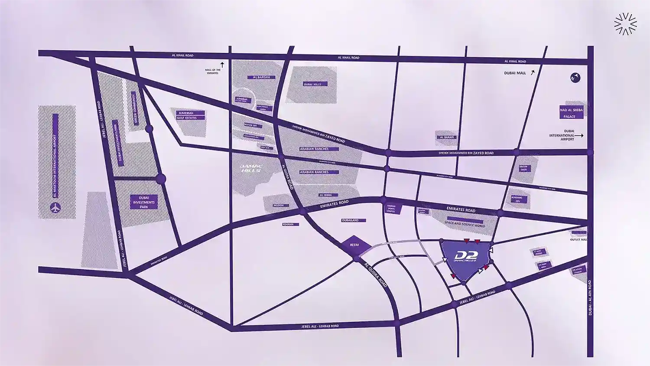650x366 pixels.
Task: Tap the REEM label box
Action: point(354,245)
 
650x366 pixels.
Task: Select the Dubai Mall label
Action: point(515,73)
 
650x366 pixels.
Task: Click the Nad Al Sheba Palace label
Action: point(572,113)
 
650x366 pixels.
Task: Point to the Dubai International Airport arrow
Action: point(579,136)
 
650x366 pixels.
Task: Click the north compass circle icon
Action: point(575,78)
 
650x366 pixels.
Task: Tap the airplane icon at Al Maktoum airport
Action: point(55,209)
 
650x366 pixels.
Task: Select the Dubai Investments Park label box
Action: point(144,202)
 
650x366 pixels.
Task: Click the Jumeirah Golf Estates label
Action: point(187,115)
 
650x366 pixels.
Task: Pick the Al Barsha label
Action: point(261,77)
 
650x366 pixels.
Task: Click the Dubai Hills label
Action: point(312,84)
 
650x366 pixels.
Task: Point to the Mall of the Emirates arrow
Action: point(222,64)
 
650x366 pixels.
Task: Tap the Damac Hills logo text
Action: point(251,169)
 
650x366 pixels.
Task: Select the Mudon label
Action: point(279,206)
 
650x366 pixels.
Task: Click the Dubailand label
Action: point(350,220)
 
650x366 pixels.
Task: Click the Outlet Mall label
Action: point(578,239)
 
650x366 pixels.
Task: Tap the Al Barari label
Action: point(447,137)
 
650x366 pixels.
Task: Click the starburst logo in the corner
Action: point(625,23)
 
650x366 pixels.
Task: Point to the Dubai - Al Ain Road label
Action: point(590,297)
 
